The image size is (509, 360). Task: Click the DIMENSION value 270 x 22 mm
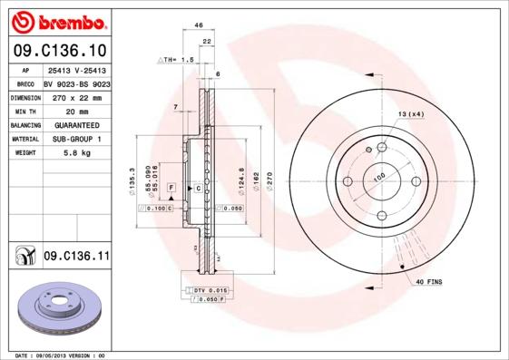pyautogui.click(x=76, y=95)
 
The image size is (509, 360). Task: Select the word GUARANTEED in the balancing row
pyautogui.click(x=76, y=124)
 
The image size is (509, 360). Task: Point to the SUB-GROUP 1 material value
pyautogui.click(x=76, y=139)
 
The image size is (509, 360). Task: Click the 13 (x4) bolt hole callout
pyautogui.click(x=411, y=113)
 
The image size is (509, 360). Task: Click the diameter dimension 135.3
pyautogui.click(x=133, y=180)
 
